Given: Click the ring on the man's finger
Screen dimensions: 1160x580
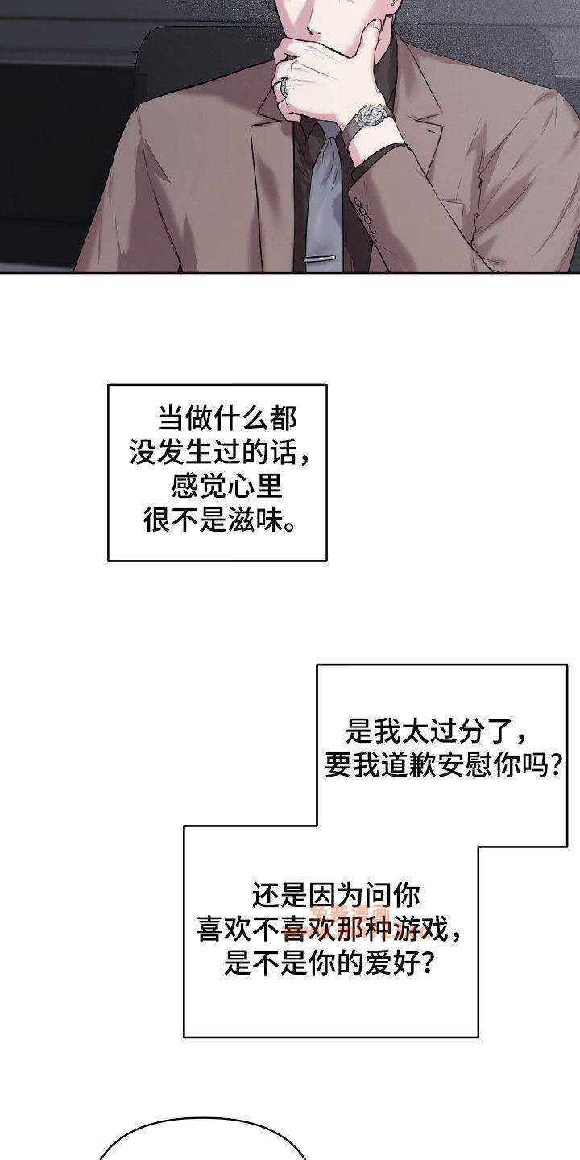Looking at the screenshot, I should pos(284,85).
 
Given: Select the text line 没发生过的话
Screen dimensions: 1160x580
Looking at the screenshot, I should pos(218,453).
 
